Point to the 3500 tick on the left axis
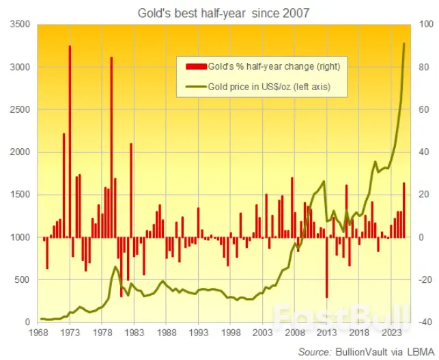point(20,25)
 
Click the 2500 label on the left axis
point(20,110)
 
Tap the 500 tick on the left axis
point(23,280)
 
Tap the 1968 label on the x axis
point(38,333)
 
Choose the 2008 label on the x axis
point(294,333)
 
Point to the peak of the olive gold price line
point(404,44)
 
